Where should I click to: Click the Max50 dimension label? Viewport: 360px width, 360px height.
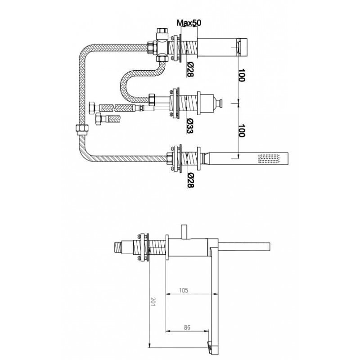click(x=189, y=22)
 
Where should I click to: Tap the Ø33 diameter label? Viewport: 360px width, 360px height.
click(x=189, y=126)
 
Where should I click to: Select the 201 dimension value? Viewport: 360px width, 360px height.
click(x=153, y=301)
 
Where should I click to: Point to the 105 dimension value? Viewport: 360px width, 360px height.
click(x=184, y=290)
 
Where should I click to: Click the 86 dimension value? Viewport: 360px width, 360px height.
click(x=187, y=328)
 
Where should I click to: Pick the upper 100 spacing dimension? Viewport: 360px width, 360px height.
click(x=241, y=75)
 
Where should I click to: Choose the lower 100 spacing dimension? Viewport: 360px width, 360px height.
click(x=241, y=130)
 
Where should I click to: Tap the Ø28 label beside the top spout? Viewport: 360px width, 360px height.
click(x=190, y=70)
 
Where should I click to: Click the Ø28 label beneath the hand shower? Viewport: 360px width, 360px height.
click(x=190, y=180)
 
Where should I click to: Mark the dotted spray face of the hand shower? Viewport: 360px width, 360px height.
click(x=269, y=158)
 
